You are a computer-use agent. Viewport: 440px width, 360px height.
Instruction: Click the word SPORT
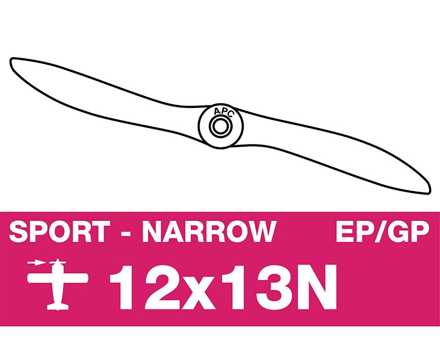(59, 231)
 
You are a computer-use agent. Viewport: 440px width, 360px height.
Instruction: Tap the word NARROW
(210, 231)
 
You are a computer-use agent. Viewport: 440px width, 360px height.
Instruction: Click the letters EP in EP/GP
(354, 231)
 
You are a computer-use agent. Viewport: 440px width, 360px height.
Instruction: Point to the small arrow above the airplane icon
(36, 263)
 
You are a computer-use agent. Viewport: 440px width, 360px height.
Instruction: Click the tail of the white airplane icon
(58, 306)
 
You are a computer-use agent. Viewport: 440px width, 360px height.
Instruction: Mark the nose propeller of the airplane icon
(58, 262)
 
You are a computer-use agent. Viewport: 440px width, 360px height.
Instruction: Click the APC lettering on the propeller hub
(223, 112)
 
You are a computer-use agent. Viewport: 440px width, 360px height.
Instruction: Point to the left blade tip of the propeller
(11, 60)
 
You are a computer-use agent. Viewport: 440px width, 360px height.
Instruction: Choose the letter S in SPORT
(18, 231)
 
